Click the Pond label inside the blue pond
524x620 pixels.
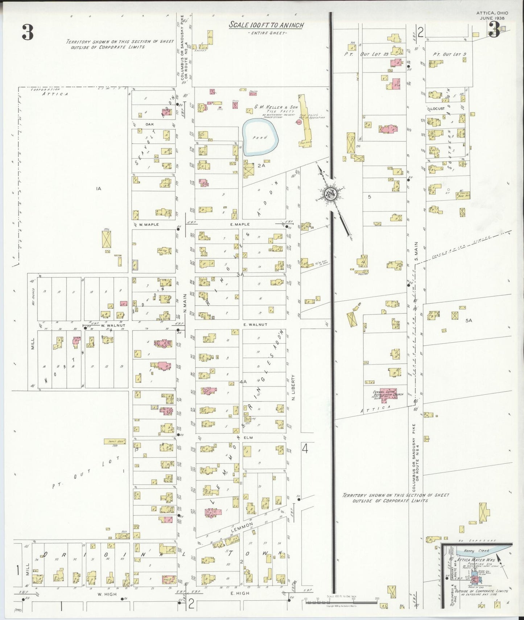(260, 138)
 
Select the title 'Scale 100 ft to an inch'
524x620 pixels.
(266, 25)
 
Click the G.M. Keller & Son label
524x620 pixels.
(276, 107)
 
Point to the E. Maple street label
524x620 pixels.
(240, 224)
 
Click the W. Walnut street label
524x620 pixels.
(113, 325)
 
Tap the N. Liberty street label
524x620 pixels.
(293, 388)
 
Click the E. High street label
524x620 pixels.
(239, 594)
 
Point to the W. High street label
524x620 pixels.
(107, 594)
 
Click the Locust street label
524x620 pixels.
(437, 108)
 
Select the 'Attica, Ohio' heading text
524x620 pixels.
(492, 13)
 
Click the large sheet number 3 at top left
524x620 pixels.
(28, 33)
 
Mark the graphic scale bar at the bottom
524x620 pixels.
(341, 602)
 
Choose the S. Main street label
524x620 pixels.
(416, 251)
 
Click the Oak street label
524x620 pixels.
(149, 124)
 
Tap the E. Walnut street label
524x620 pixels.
(255, 325)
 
